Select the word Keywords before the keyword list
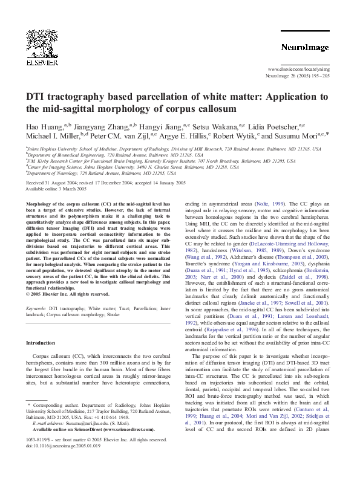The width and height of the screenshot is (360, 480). coord(37,308)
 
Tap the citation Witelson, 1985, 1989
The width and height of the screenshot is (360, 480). coord(260,249)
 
